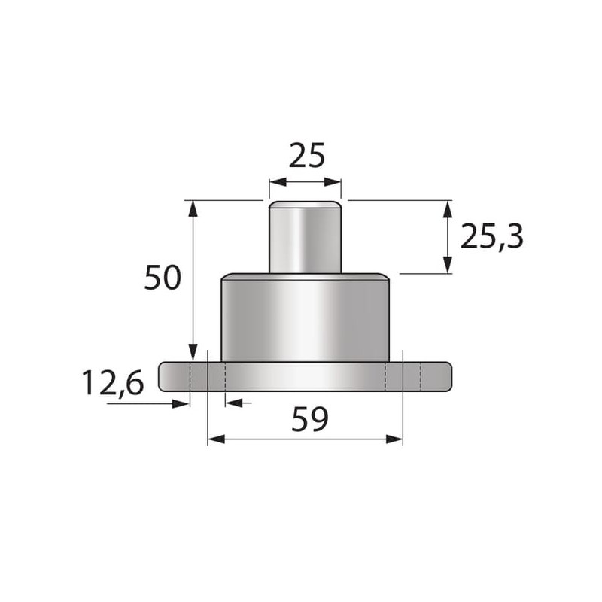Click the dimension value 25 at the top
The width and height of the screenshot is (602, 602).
pos(306,156)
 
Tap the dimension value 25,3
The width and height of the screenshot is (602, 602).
pos(491,237)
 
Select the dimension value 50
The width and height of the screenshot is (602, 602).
pos(163,277)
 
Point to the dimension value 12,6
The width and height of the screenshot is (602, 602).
pos(113,382)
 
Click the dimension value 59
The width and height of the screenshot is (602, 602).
pos(309,419)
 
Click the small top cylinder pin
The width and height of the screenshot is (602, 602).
pos(306,237)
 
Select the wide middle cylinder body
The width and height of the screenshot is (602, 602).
pos(306,318)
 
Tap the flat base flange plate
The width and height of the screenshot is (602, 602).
pos(306,377)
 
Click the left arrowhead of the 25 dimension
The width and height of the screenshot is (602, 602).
pos(278,182)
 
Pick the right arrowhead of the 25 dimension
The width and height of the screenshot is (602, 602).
pos(333,182)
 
